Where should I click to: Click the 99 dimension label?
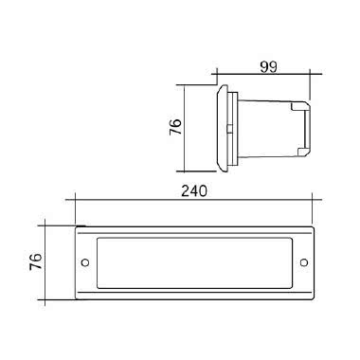click(x=269, y=67)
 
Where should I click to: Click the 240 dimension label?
click(x=194, y=191)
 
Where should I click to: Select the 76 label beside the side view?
click(x=176, y=127)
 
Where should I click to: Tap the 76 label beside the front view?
click(x=36, y=261)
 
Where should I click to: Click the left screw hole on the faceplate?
click(x=85, y=262)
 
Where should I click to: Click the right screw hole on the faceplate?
click(x=304, y=262)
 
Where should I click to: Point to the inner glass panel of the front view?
click(x=194, y=262)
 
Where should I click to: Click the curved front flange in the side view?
click(x=222, y=128)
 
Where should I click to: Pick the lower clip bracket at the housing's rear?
click(x=302, y=152)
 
